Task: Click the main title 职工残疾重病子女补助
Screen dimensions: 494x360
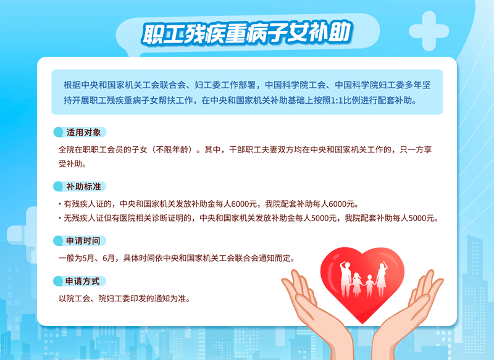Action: [x=246, y=33]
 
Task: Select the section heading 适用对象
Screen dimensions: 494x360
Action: [x=83, y=132]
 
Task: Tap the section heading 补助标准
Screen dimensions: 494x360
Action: [x=83, y=186]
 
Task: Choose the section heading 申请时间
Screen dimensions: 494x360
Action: [x=83, y=241]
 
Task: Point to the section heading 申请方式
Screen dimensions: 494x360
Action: [x=83, y=281]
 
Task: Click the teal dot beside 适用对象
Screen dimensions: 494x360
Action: [x=58, y=132]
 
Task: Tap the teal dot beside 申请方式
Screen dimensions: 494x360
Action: [x=58, y=281]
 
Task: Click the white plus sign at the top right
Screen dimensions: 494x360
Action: [x=429, y=31]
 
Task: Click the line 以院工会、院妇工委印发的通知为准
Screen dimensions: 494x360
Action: [x=125, y=298]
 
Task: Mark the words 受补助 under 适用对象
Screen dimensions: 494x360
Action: [x=70, y=164]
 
